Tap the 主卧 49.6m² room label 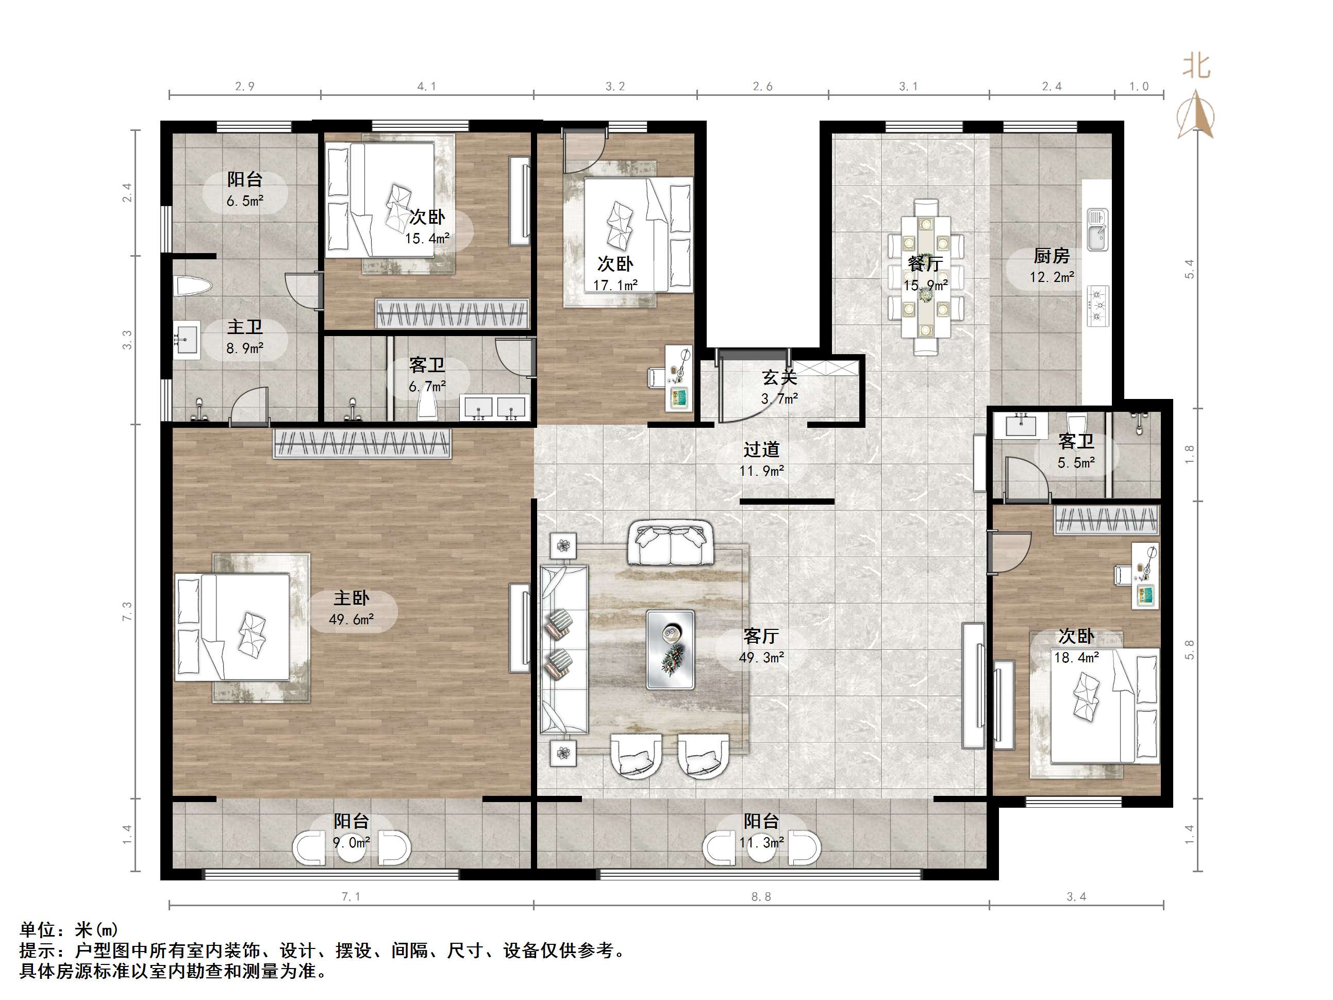352,608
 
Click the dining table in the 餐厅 926,277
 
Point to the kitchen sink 1097,230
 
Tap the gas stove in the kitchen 1098,306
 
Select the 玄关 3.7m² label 779,388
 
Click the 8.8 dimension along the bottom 761,896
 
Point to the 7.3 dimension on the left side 127,611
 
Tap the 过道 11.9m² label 762,459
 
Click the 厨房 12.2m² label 1052,266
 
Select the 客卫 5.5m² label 1076,452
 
